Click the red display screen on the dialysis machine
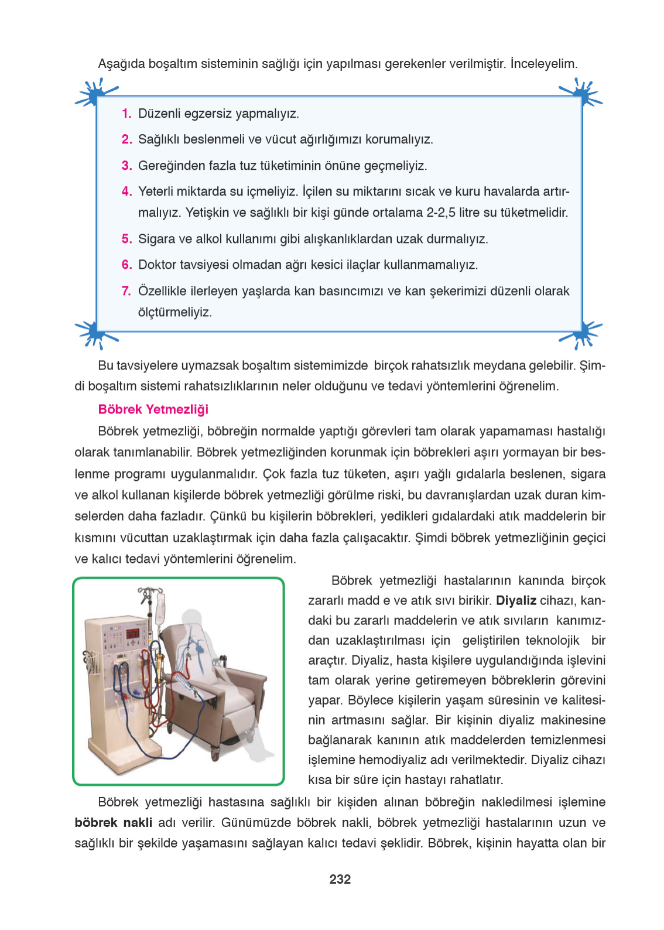coord(133,633)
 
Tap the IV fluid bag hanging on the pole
coord(160,608)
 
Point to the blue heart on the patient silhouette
coord(200,648)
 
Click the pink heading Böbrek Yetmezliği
coord(153,409)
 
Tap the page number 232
coord(340,879)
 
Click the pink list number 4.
coord(126,192)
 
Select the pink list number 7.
coord(126,291)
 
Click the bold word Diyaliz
coord(516,600)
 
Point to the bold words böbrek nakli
coord(113,822)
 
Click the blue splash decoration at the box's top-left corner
coord(94,94)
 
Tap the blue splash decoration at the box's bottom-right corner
coord(582,334)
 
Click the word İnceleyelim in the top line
coord(543,63)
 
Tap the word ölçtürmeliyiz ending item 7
coord(174,312)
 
